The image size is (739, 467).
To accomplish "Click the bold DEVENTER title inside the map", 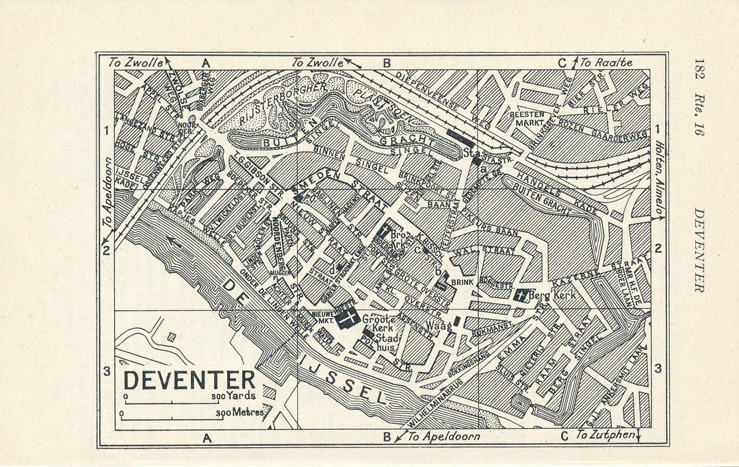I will (x=190, y=380).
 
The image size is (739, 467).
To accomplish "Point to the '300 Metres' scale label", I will (x=239, y=413).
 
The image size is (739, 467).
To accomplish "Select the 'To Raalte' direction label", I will (x=606, y=62).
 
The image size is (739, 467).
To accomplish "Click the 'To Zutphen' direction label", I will (x=605, y=436).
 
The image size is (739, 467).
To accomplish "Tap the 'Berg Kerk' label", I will (x=553, y=295).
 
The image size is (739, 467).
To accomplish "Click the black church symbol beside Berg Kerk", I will (x=521, y=296).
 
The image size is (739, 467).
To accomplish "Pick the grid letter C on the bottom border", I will (x=565, y=436).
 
